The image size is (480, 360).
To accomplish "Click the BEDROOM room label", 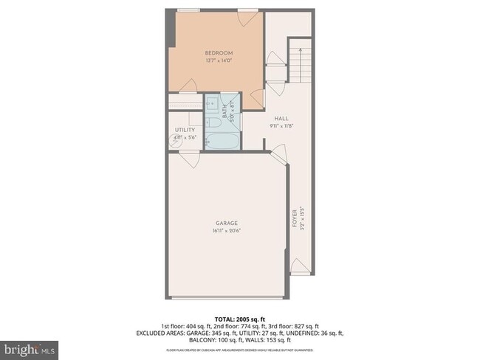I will [x=219, y=53].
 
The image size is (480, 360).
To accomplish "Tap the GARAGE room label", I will [x=226, y=222].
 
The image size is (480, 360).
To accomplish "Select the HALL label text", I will [x=281, y=118].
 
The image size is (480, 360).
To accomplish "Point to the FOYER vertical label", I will [x=295, y=219].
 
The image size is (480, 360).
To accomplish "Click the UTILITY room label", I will [x=185, y=130].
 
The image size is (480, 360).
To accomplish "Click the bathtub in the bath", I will [x=222, y=139].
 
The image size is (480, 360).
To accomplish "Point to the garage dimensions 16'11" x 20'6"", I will [x=226, y=230].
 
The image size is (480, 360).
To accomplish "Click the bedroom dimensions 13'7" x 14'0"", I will [x=219, y=60].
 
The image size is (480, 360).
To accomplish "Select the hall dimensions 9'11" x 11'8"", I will [x=281, y=126].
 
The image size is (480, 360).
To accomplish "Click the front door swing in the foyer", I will [x=299, y=266].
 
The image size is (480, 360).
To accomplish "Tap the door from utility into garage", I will [x=189, y=159].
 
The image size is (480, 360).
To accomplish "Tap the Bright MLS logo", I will [x=30, y=347].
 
